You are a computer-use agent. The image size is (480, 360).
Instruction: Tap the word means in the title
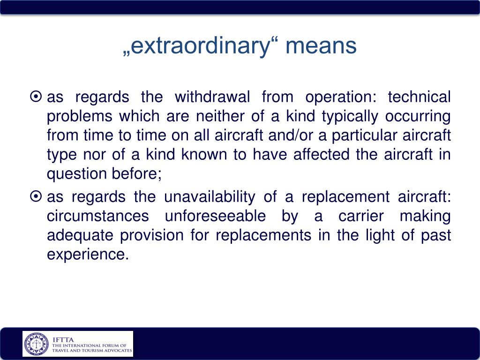click(x=321, y=46)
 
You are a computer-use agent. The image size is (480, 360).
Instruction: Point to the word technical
click(x=419, y=97)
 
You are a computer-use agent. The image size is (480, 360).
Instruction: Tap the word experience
click(x=87, y=255)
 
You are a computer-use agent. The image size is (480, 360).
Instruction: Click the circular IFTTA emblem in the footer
click(x=37, y=344)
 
